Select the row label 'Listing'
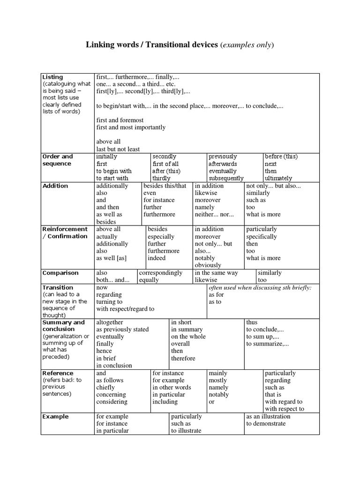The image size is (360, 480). click(x=52, y=77)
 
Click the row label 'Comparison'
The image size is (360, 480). click(x=60, y=273)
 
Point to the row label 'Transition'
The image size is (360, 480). click(x=58, y=287)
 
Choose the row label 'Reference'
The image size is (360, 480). click(x=58, y=373)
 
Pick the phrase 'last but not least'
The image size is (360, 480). click(x=118, y=149)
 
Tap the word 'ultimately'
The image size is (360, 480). click(x=278, y=178)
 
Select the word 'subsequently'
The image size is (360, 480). click(x=226, y=178)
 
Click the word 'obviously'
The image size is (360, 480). click(x=208, y=265)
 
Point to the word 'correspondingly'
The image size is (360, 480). click(x=161, y=273)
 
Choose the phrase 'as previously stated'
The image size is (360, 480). click(x=122, y=330)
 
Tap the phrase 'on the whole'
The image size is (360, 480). click(x=188, y=337)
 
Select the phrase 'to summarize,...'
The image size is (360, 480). click(x=268, y=344)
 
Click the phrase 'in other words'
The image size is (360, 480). click(x=172, y=388)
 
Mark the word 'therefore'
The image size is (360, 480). click(x=183, y=358)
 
